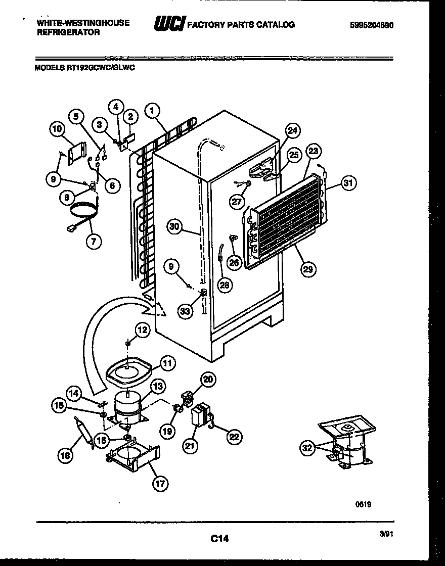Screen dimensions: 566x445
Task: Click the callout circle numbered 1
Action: tap(151, 110)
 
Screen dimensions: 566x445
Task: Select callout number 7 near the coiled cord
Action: tap(93, 241)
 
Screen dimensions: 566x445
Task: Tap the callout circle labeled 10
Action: tap(58, 129)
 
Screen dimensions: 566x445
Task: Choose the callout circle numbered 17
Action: tap(160, 483)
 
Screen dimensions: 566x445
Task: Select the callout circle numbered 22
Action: tap(233, 438)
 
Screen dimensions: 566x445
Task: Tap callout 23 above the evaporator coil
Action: tap(314, 151)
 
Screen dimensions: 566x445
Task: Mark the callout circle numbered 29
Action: tap(307, 269)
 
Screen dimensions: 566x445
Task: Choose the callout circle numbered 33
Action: tap(185, 311)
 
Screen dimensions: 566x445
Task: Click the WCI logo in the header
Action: tap(169, 25)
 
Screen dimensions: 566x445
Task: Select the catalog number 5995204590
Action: tap(371, 25)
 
